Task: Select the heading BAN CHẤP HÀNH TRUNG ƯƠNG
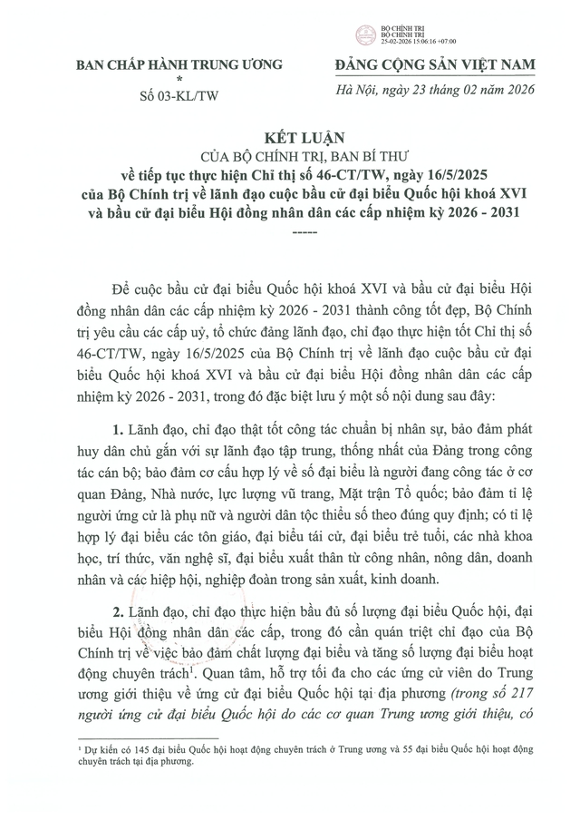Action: [179, 63]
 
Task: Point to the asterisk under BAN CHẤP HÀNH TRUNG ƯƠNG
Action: [179, 78]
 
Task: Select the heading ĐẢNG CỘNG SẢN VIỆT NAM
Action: [434, 63]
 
